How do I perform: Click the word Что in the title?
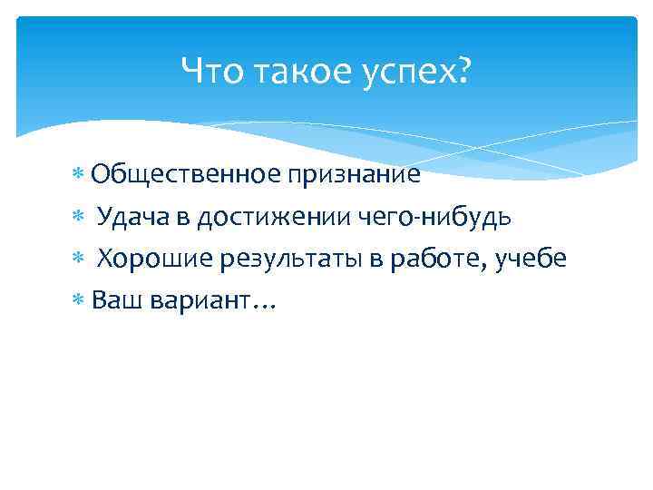(x=210, y=70)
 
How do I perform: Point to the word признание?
(x=355, y=175)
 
